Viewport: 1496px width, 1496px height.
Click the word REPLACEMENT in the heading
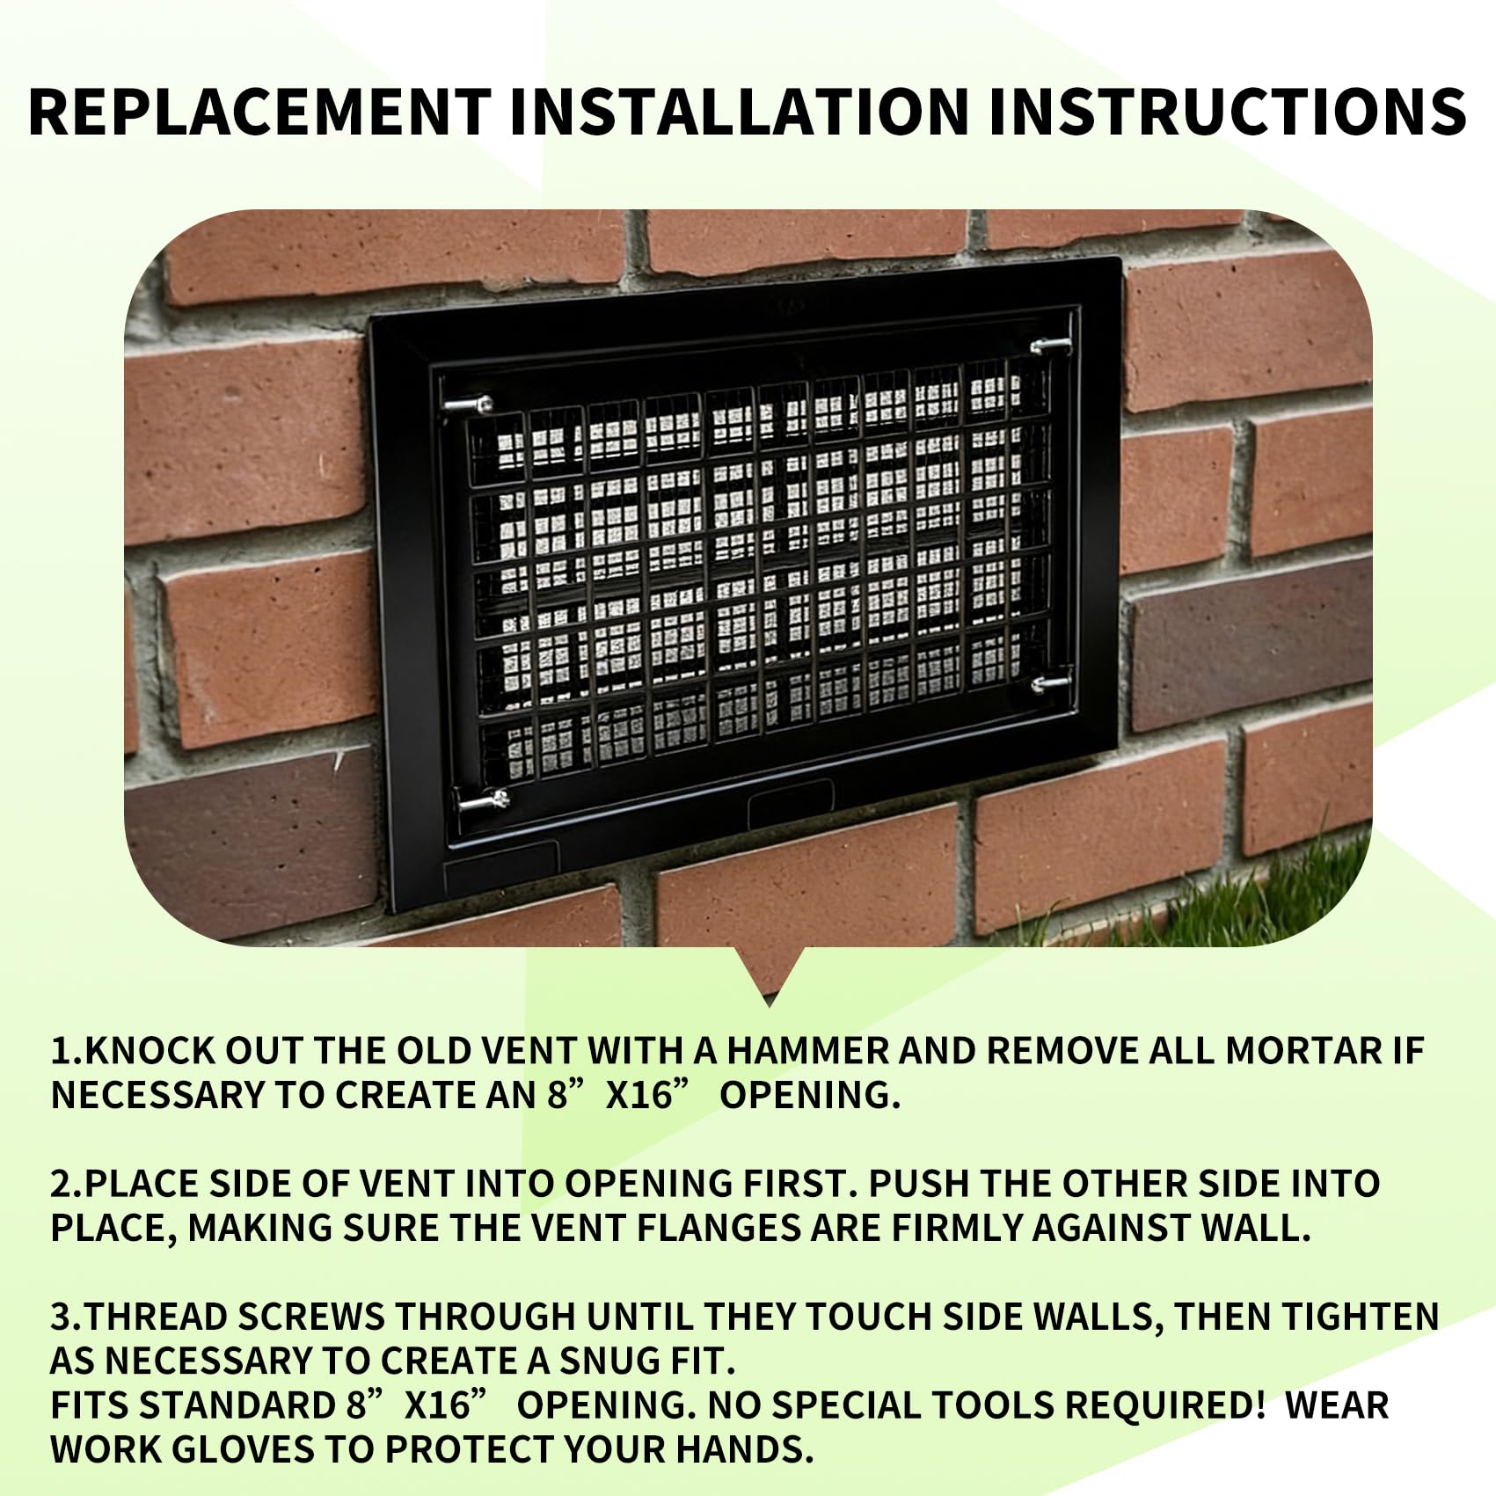click(x=259, y=112)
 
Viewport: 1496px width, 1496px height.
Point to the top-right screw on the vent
click(x=1051, y=345)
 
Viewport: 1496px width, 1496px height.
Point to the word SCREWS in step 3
click(x=310, y=1317)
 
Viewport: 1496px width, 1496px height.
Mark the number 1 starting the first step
click(x=60, y=1051)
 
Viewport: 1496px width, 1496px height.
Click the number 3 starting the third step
click(x=62, y=1317)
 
